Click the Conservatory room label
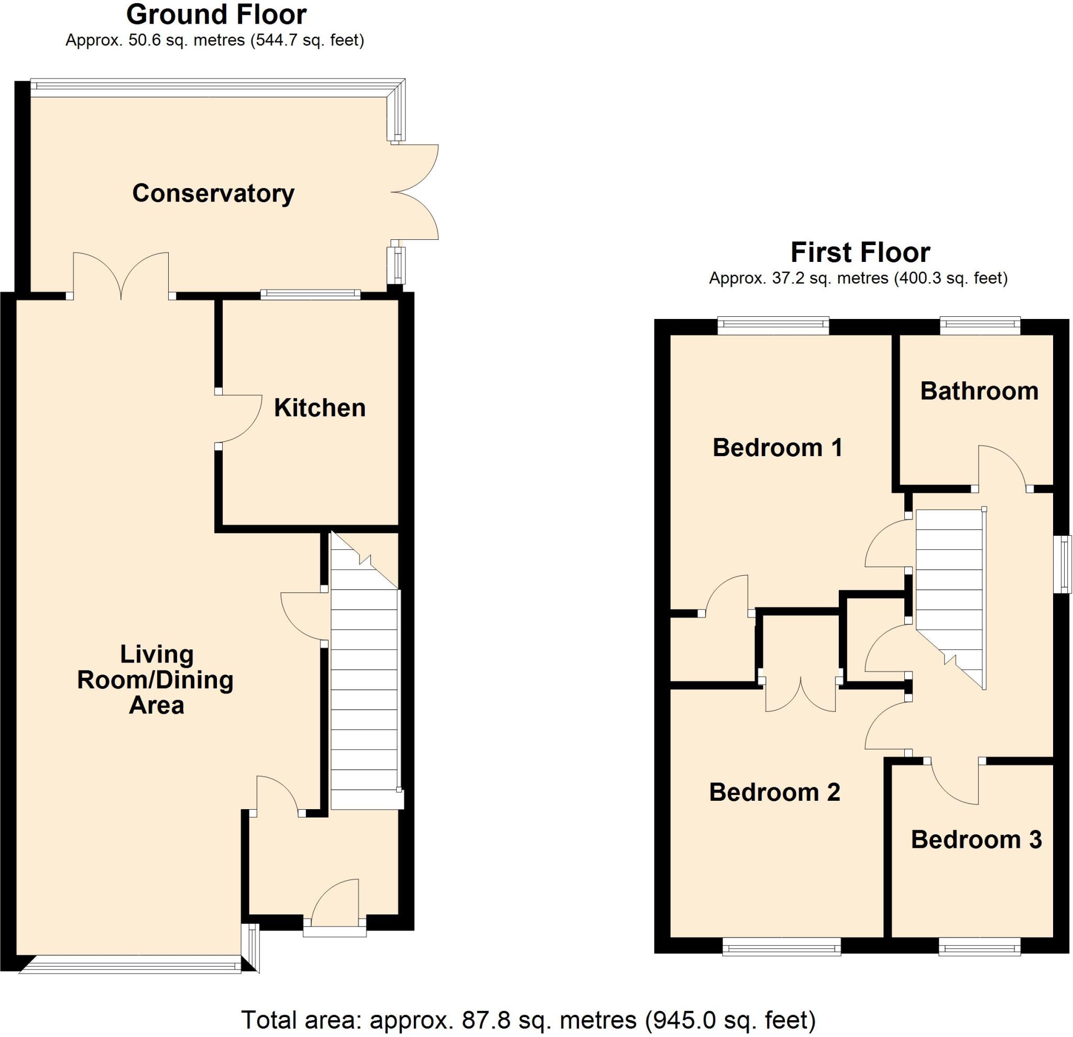[214, 193]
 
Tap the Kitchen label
[320, 407]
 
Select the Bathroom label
[979, 391]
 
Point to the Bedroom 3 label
[976, 839]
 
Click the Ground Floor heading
[216, 15]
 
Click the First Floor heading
[860, 253]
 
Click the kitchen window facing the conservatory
[310, 294]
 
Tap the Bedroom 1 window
[773, 327]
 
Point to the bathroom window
[980, 327]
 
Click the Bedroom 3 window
[979, 946]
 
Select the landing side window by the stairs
[1064, 564]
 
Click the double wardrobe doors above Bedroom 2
[801, 695]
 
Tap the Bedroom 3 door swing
[955, 780]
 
